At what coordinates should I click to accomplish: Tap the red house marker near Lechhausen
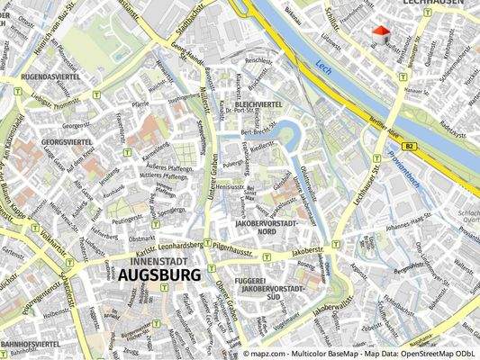pyautogui.click(x=382, y=34)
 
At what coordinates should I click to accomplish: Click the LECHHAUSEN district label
pyautogui.click(x=434, y=3)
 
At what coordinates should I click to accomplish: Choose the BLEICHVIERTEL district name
pyautogui.click(x=259, y=104)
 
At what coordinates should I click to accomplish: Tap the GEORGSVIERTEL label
pyautogui.click(x=67, y=142)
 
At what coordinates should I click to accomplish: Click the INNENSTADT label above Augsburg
pyautogui.click(x=148, y=259)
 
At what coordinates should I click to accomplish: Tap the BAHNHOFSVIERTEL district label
pyautogui.click(x=30, y=344)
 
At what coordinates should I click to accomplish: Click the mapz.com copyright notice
pyautogui.click(x=360, y=355)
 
